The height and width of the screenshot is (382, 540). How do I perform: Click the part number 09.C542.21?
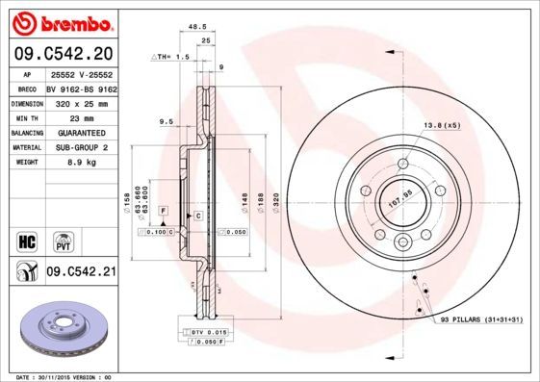[x=82, y=272]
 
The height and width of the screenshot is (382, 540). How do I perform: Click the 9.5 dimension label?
[x=166, y=122]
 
